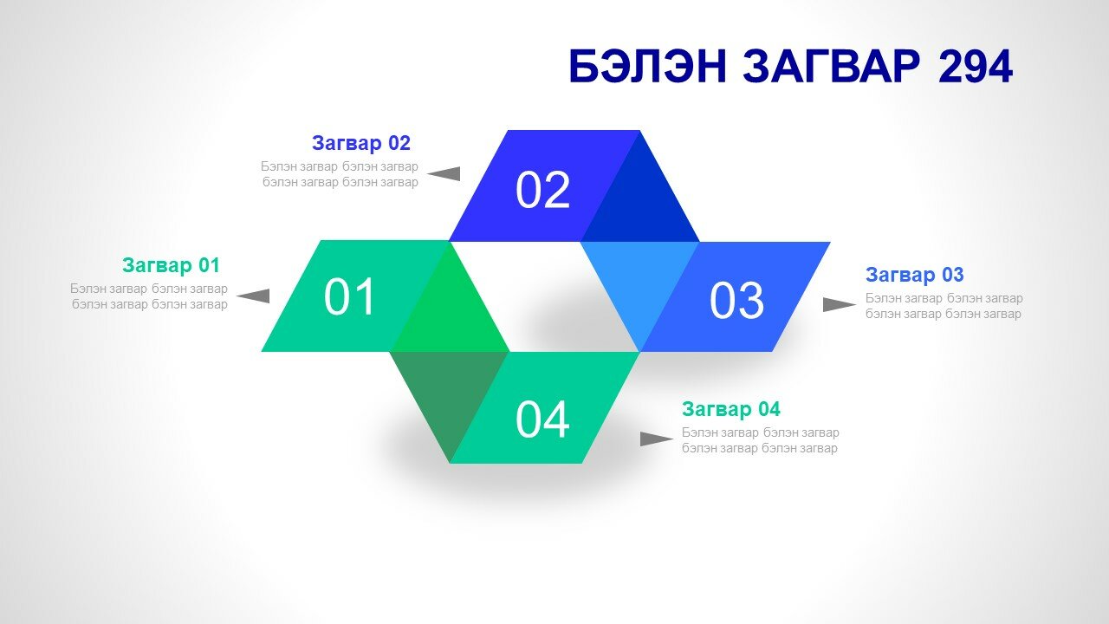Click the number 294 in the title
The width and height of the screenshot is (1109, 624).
point(976,67)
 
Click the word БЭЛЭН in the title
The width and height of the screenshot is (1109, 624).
point(648,67)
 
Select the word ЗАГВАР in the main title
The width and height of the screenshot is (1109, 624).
point(832,67)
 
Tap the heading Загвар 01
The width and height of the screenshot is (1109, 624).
point(171,265)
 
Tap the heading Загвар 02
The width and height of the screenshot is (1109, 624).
point(361,143)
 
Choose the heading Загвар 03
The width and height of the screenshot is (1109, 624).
point(914,275)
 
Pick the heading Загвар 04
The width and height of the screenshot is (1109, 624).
point(730,409)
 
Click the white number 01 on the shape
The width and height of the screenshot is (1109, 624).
point(349,296)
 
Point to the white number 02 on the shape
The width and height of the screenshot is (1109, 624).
point(542,190)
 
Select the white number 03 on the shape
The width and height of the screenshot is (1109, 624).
point(736,300)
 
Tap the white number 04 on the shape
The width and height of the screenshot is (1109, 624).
point(542,420)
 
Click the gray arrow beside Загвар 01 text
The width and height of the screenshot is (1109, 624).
point(253,296)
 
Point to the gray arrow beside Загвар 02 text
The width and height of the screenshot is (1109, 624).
point(444,174)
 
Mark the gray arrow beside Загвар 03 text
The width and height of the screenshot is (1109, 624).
point(840,304)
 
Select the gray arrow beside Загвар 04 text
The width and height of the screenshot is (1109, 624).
point(657,439)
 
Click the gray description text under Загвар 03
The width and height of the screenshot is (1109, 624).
point(944,306)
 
